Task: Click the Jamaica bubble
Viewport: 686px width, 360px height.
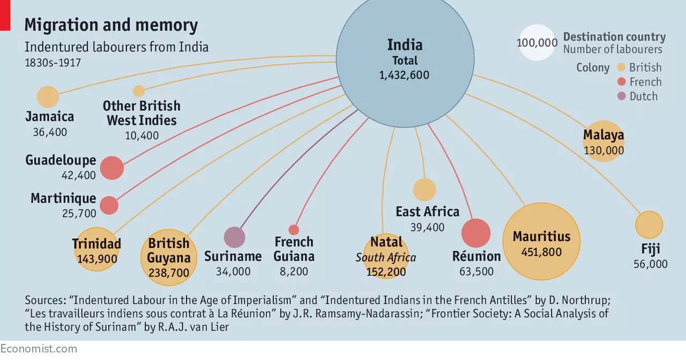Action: pos(48,97)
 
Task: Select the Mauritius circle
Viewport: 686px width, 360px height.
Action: pos(541,241)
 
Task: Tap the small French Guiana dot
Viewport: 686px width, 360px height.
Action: pos(294,230)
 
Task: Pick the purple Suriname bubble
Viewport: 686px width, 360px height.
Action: pos(234,237)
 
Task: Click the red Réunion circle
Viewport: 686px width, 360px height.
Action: pos(476,233)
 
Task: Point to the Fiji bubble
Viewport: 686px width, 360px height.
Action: pos(649,224)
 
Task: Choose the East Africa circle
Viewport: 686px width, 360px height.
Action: pos(424,190)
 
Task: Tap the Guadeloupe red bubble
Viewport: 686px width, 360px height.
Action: pos(112,168)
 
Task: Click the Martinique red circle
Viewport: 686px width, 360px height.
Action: pos(109,205)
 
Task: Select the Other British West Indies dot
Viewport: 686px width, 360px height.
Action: pos(139,91)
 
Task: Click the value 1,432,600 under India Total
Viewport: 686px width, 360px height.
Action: pos(404,76)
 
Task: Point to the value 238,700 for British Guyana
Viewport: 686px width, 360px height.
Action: pos(168,273)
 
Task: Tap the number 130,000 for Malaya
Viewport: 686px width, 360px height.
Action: pos(604,151)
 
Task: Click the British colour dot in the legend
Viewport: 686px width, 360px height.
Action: pos(622,67)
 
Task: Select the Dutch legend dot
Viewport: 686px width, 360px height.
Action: pos(622,96)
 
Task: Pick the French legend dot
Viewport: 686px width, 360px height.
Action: pos(622,82)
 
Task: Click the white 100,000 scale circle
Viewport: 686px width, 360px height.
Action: pos(537,42)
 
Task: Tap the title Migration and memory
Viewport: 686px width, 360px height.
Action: pos(111,25)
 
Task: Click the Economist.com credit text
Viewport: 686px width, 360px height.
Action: pos(39,349)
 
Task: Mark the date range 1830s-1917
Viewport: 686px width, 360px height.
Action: pos(53,63)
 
